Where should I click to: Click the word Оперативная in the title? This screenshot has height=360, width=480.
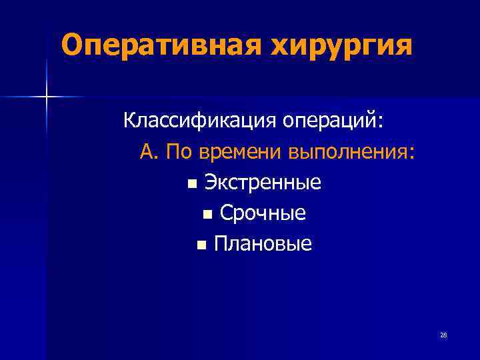click(x=155, y=45)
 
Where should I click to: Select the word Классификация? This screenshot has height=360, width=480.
click(x=200, y=122)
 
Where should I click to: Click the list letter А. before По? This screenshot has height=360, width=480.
click(x=150, y=153)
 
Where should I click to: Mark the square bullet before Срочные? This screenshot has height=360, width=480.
click(x=207, y=215)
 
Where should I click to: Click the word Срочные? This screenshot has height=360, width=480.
click(x=263, y=214)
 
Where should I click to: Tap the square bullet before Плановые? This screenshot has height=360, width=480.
click(x=201, y=245)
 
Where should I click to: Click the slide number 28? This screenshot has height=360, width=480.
click(x=443, y=335)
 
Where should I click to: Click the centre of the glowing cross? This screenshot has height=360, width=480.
click(x=47, y=97)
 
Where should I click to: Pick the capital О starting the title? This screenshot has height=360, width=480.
click(x=71, y=45)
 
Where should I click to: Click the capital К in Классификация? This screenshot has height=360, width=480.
click(x=129, y=122)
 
